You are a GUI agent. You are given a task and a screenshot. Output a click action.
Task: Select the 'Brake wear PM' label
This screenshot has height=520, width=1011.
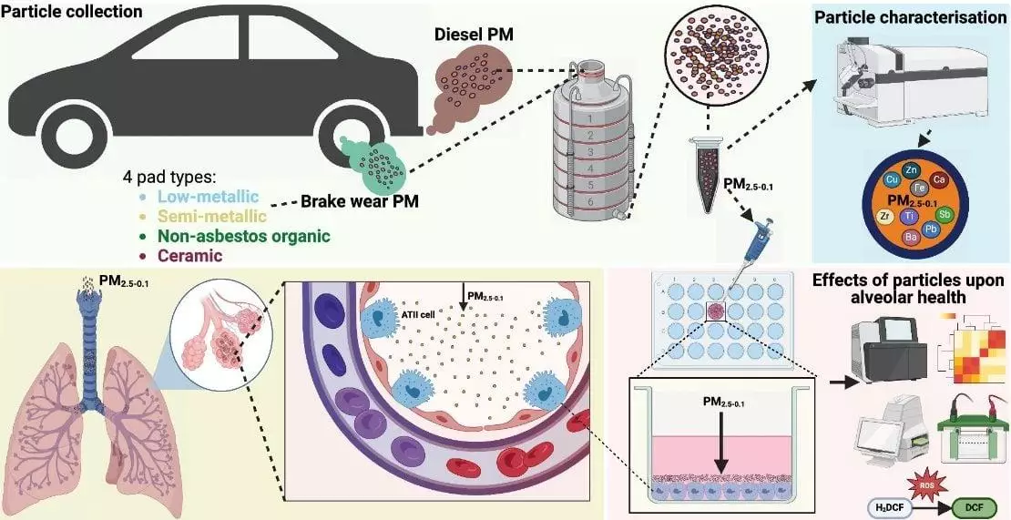coord(360,202)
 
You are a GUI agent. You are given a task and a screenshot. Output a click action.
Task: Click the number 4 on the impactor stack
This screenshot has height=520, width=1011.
coord(590,169)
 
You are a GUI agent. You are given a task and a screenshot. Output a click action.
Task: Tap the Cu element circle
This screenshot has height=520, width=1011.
coord(893,179)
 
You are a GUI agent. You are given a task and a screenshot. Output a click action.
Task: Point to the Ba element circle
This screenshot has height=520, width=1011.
coord(912,237)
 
